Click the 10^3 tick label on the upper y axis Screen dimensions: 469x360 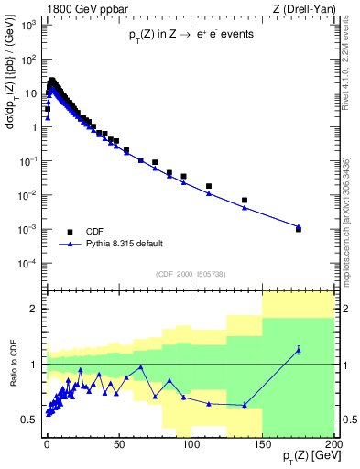[28, 25]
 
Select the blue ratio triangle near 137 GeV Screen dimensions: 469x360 [245, 405]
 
